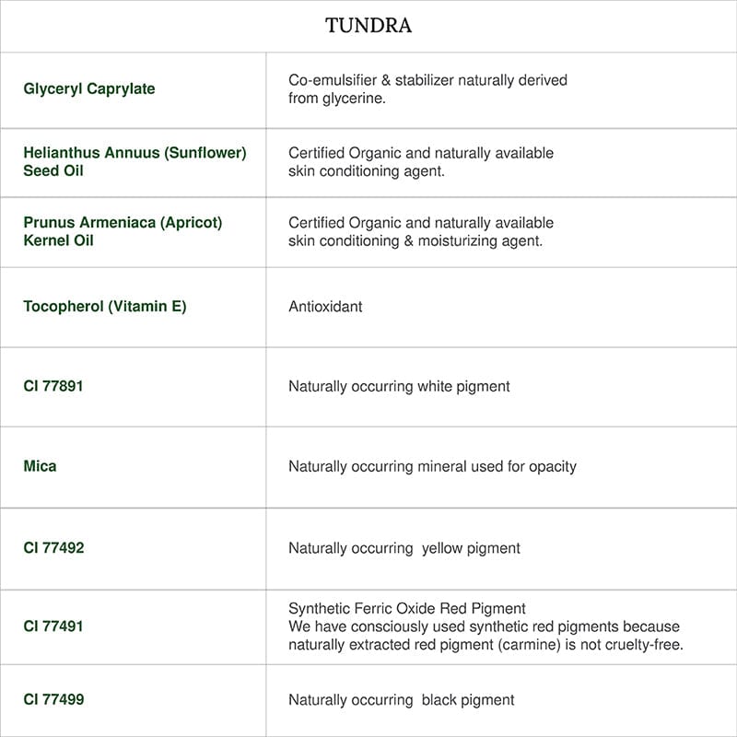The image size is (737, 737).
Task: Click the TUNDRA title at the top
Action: click(x=368, y=26)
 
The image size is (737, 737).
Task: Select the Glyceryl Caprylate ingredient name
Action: click(x=89, y=89)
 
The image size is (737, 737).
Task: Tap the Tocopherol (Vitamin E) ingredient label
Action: click(x=105, y=307)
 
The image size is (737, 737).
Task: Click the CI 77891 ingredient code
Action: click(x=53, y=386)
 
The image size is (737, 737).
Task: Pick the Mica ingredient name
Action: click(x=40, y=466)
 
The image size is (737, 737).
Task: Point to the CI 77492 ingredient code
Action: click(x=53, y=548)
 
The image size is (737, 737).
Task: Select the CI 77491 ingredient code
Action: click(x=53, y=626)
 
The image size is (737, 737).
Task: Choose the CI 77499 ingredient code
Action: click(x=53, y=700)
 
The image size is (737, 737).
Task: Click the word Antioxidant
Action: click(x=325, y=307)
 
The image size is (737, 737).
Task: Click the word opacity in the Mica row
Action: click(x=552, y=466)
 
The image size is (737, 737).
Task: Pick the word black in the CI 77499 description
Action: click(x=440, y=700)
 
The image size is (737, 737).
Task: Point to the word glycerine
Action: click(x=354, y=99)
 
